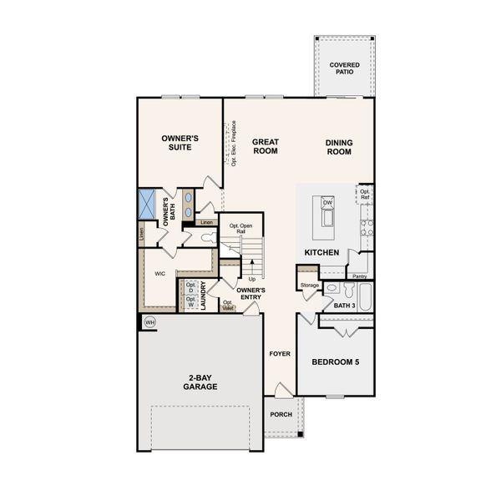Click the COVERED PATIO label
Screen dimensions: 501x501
click(x=344, y=68)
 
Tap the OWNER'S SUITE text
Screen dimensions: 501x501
click(x=180, y=142)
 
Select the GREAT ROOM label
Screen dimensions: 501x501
click(x=266, y=147)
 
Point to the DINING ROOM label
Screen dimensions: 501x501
click(x=339, y=147)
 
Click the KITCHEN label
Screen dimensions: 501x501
click(x=321, y=252)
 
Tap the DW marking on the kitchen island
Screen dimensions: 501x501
click(x=327, y=203)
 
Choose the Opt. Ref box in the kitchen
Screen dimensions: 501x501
click(x=365, y=195)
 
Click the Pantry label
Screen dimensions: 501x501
click(x=360, y=276)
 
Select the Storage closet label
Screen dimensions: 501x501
click(x=309, y=286)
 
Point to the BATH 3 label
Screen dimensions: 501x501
click(x=344, y=306)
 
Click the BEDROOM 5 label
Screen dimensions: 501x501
click(x=336, y=362)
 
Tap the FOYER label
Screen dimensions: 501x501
click(x=279, y=353)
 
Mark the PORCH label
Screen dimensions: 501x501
click(x=280, y=414)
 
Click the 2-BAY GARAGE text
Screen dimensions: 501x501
click(x=201, y=382)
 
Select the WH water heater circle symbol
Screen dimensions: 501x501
click(x=150, y=322)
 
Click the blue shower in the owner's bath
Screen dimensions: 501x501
click(x=147, y=203)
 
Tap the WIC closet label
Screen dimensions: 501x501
click(x=159, y=273)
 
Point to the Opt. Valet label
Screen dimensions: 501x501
click(x=227, y=305)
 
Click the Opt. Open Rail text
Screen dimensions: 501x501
click(x=240, y=228)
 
